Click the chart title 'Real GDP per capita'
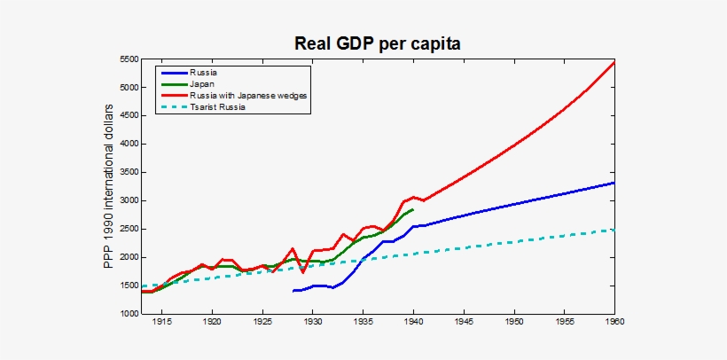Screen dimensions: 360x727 (x=378, y=43)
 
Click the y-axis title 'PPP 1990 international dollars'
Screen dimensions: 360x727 (x=109, y=186)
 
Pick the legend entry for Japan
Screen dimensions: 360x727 (x=201, y=83)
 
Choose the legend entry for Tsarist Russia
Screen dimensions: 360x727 (x=222, y=106)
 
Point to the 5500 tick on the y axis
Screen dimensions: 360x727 (x=128, y=59)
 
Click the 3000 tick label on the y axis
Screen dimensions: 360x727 (x=128, y=201)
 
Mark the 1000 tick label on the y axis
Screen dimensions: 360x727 (x=128, y=314)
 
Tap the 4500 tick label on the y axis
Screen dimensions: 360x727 (x=128, y=116)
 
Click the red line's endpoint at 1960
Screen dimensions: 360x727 (x=614, y=63)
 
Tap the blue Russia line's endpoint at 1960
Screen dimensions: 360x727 (x=614, y=183)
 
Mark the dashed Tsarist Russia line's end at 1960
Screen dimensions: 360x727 (x=614, y=230)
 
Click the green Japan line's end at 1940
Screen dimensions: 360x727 (x=413, y=209)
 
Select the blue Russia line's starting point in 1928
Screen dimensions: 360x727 (x=293, y=291)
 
